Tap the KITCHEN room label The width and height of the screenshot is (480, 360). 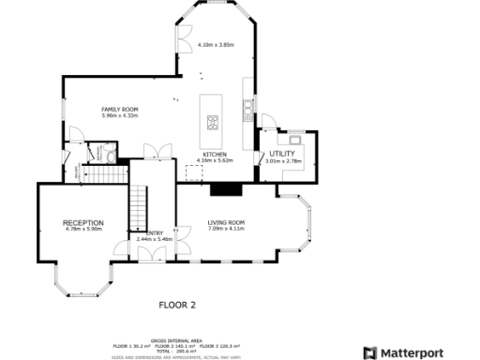(216, 155)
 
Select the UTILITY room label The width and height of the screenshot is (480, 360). (281, 154)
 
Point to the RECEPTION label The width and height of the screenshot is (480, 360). (82, 222)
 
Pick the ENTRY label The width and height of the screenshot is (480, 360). (155, 233)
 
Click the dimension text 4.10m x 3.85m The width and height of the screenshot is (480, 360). (216, 44)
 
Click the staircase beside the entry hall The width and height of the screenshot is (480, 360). (139, 206)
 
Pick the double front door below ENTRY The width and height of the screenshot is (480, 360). (122, 251)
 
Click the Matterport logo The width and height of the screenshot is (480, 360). (418, 352)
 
